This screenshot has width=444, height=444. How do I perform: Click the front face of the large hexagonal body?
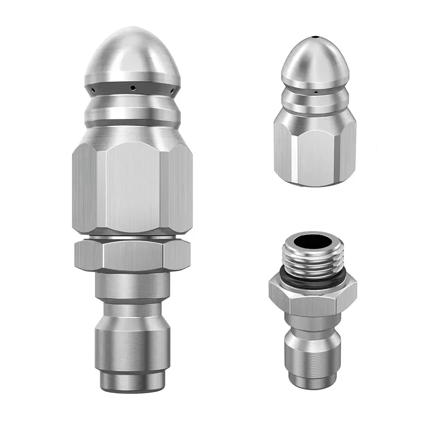[x=132, y=186]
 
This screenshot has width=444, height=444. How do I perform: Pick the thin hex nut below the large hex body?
[x=132, y=255]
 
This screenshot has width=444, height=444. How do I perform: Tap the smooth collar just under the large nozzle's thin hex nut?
[x=132, y=284]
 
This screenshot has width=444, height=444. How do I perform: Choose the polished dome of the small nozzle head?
[x=314, y=58]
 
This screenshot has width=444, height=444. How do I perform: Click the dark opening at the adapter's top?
[x=313, y=242]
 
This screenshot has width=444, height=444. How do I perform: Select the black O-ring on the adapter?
[x=313, y=281]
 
